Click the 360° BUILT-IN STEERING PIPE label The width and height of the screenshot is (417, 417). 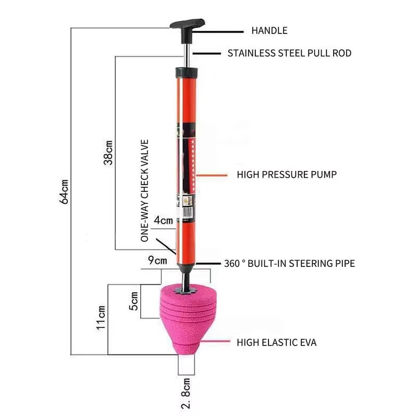point(289,263)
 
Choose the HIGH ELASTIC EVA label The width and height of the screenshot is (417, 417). point(276,342)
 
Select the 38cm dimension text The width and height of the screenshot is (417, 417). point(108,151)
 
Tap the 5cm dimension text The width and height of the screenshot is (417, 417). point(134,301)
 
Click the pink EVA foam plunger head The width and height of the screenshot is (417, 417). point(185,318)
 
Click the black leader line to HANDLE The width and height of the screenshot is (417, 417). point(224,31)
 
